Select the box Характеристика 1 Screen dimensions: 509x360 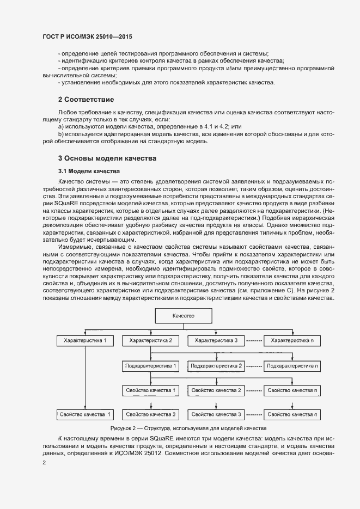coord(85,340)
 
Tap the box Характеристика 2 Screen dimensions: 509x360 coord(151,340)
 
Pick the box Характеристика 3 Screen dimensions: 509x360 coord(216,340)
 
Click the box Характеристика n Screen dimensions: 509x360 coord(292,340)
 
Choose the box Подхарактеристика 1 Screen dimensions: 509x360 coord(151,365)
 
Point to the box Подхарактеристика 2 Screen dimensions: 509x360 coord(216,365)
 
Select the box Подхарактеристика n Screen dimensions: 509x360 coord(292,365)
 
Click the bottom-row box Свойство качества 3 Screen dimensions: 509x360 coord(216,415)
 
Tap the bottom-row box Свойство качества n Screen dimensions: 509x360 coord(292,415)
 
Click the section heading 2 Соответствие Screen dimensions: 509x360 coord(86,100)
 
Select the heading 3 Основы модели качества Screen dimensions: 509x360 coord(107,158)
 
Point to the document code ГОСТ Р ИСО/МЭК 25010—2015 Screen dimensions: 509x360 coord(87,37)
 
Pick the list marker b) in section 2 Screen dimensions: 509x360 coord(61,134)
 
